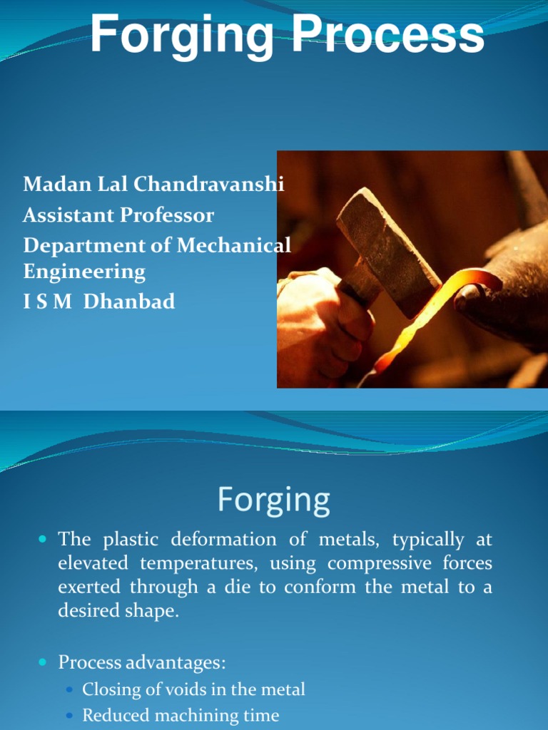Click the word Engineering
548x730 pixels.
pyautogui.click(x=84, y=272)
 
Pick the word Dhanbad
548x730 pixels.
pyautogui.click(x=129, y=302)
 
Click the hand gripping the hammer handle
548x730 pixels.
pyautogui.click(x=321, y=321)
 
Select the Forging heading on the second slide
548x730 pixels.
pyautogui.click(x=273, y=500)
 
